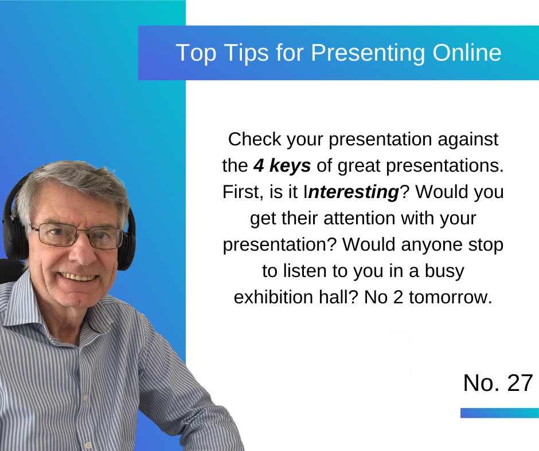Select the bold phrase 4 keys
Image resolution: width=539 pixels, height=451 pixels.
click(282, 166)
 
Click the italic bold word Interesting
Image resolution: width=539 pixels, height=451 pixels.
click(353, 192)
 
